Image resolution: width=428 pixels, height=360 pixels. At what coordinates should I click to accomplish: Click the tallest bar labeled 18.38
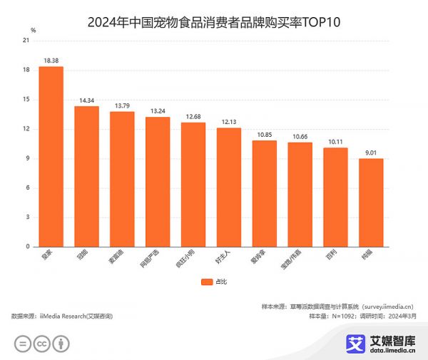51,157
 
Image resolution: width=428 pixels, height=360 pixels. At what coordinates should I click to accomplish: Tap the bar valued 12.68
193,185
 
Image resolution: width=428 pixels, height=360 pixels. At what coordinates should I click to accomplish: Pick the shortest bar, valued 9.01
371,202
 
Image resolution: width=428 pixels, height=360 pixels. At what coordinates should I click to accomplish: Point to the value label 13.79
122,106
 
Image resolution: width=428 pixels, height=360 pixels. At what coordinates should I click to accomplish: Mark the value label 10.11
335,142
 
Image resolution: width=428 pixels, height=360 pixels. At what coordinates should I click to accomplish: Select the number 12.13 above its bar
229,122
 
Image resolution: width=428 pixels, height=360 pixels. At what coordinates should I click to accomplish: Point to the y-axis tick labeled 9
27,158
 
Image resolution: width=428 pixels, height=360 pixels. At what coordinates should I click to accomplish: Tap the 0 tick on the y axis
27,247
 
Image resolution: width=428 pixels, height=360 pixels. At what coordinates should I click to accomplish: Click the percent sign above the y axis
34,30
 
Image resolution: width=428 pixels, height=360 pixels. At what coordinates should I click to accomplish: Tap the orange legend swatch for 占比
206,282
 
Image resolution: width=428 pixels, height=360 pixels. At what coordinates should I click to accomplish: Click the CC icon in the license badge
42,344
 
